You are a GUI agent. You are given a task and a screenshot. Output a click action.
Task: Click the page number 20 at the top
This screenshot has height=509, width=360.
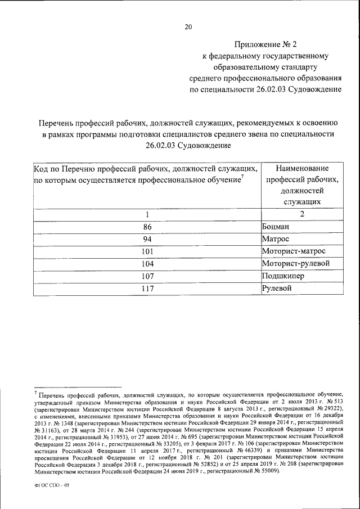click(188, 26)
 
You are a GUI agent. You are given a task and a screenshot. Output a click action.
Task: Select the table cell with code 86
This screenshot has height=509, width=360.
click(148, 227)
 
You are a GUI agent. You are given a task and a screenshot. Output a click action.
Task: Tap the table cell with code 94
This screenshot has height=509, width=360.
click(148, 239)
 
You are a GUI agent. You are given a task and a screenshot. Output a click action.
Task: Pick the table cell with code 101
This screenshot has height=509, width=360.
click(148, 251)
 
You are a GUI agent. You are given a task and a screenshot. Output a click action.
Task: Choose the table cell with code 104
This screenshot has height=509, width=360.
click(148, 264)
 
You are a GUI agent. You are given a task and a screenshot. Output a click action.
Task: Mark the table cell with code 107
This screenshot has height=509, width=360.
click(148, 276)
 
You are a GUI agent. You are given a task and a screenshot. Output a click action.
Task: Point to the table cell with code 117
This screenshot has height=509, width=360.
click(148, 289)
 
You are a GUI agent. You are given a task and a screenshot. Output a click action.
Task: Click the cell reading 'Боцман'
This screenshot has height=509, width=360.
click(278, 227)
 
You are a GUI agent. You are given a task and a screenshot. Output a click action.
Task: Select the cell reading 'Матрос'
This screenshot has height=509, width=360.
click(277, 239)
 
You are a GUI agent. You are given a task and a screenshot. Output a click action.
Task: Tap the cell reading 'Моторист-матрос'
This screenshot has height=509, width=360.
click(294, 251)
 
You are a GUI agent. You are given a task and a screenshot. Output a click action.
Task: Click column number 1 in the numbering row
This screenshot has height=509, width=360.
click(147, 214)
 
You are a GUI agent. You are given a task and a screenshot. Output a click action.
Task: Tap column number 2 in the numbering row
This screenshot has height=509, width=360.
click(302, 214)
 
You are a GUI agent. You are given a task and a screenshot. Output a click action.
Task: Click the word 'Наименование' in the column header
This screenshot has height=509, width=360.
click(302, 168)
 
